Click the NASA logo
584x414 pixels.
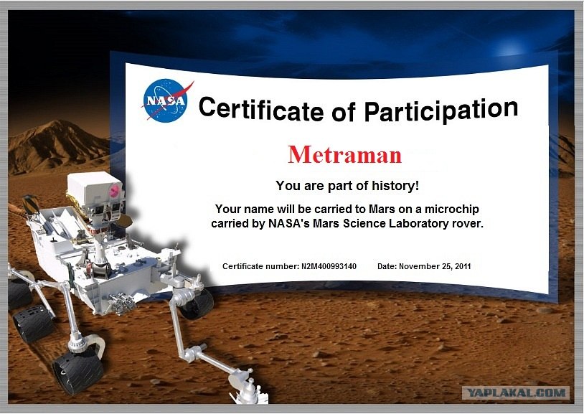[166, 100]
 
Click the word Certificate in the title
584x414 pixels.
[261, 108]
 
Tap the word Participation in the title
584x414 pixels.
[441, 110]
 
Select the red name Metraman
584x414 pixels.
[345, 155]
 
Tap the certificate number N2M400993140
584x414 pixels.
[329, 266]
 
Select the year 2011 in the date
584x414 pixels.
[463, 266]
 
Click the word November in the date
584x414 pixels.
[417, 266]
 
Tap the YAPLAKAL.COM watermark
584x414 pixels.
[516, 392]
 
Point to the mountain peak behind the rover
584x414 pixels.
[57, 121]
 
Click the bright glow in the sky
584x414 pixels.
[511, 50]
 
